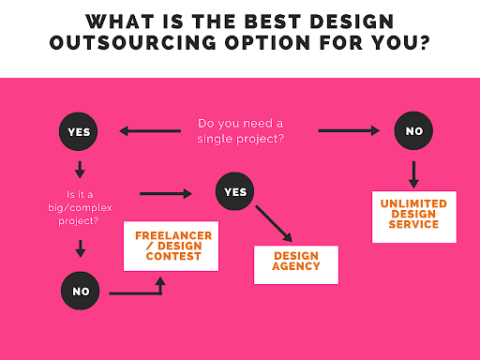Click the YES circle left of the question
79,132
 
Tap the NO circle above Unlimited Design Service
413,132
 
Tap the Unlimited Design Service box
413,216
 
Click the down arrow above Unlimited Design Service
413,172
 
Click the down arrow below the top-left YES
80,170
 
